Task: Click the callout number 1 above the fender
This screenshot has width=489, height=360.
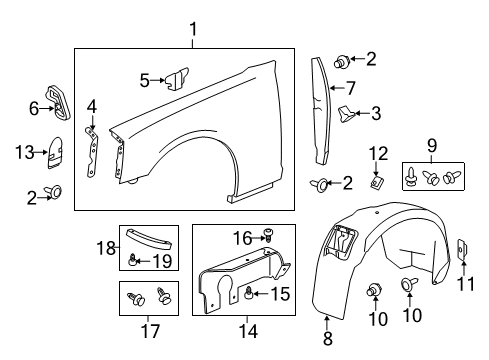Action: (x=192, y=29)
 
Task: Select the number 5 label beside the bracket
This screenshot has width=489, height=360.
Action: (x=144, y=79)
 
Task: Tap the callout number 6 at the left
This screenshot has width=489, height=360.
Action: (x=32, y=107)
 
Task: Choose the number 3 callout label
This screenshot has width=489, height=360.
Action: (x=375, y=113)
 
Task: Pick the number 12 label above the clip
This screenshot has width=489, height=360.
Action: (x=376, y=151)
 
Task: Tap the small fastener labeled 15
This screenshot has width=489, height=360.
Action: (x=248, y=294)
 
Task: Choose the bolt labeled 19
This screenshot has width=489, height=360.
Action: (x=132, y=262)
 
